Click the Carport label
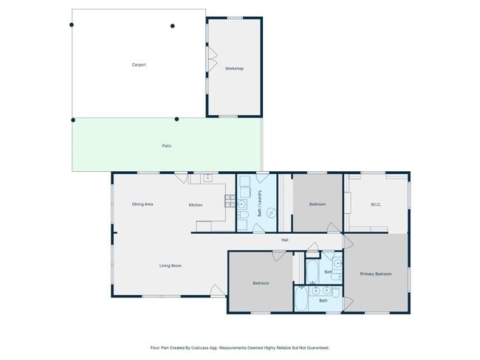(x=139, y=65)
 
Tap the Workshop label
(x=234, y=69)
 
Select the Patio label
(x=167, y=146)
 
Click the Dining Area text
(x=143, y=204)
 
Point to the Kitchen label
(x=195, y=205)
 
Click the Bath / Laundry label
(x=260, y=204)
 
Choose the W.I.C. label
(x=376, y=204)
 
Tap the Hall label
(x=285, y=240)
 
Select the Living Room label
(x=170, y=266)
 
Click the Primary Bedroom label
(x=376, y=274)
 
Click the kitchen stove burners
(x=230, y=201)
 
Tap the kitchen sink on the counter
(x=208, y=177)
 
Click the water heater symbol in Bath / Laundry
(x=272, y=212)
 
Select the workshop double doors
(x=212, y=58)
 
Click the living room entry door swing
(x=218, y=291)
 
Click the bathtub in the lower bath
(x=301, y=298)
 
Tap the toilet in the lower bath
(x=336, y=293)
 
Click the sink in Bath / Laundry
(x=241, y=204)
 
